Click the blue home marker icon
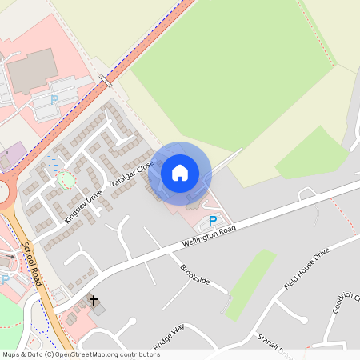180,172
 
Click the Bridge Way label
168,335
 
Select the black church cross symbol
94,301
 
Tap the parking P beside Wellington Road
212,221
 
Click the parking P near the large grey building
54,100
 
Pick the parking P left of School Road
6,279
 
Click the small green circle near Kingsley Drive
66,178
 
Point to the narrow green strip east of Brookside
250,284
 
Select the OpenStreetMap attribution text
81,354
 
